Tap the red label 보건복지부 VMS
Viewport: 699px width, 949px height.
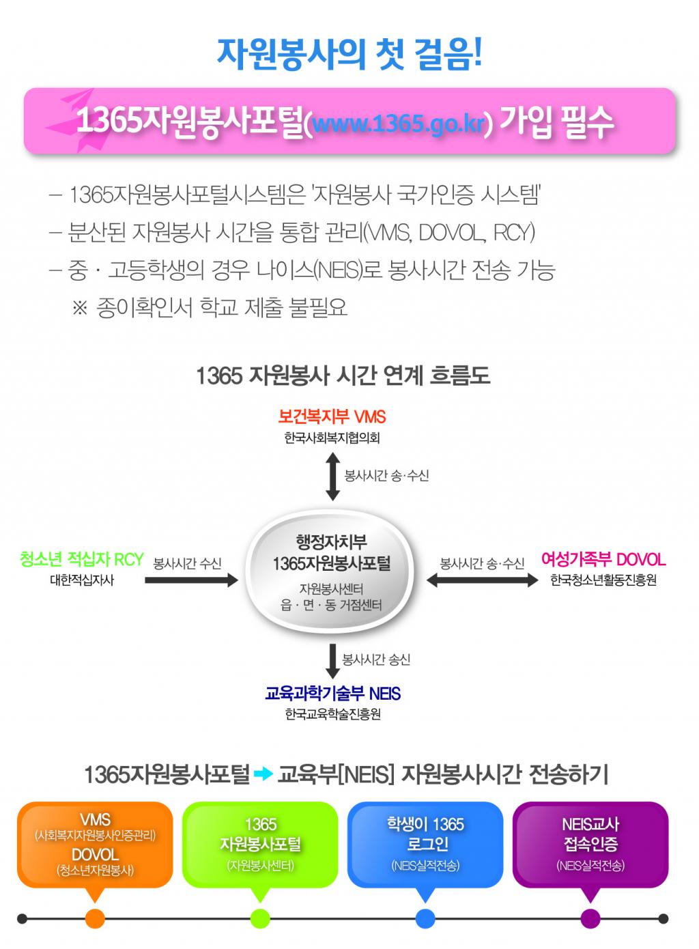(332, 416)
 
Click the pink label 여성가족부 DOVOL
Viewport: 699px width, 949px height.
(603, 560)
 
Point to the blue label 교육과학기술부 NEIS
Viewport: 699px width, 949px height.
(332, 694)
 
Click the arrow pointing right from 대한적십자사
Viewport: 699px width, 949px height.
(191, 580)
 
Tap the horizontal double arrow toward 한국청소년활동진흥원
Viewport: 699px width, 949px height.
(482, 580)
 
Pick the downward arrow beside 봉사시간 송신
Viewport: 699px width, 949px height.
(332, 660)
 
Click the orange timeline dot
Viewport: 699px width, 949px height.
(96, 918)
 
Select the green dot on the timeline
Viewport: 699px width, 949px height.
(260, 918)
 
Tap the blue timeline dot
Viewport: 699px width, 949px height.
(425, 918)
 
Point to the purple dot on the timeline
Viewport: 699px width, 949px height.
(590, 918)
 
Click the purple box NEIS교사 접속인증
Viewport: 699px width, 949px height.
(590, 844)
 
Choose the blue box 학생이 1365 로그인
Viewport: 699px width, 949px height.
(425, 844)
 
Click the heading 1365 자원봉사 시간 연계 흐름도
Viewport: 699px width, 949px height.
(343, 376)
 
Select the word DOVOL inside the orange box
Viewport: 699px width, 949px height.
(95, 854)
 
